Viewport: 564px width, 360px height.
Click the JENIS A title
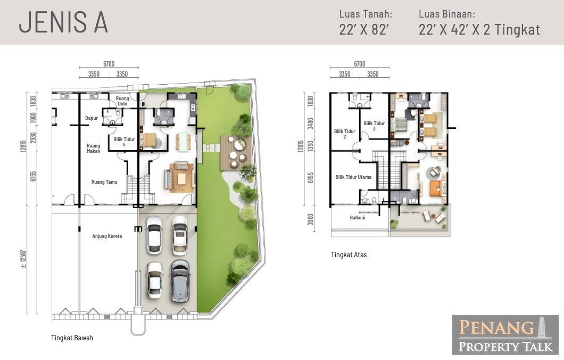pos(63,22)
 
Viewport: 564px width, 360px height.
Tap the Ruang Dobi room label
pos(122,101)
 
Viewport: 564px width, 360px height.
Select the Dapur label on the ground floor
pos(92,118)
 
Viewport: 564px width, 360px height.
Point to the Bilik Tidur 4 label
pos(124,142)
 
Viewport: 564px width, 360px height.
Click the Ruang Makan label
pos(94,149)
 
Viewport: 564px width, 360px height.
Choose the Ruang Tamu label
pos(104,182)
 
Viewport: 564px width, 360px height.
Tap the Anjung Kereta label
pos(107,236)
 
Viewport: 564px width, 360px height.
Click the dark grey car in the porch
pos(180,281)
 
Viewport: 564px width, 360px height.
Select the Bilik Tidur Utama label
pos(353,177)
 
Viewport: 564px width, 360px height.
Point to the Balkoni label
pos(358,218)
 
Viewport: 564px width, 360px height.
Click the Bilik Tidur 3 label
pos(374,126)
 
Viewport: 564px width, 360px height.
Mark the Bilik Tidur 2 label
pos(345,134)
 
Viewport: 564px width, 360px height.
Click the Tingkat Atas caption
pos(349,255)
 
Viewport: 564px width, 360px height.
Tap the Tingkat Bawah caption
pos(72,338)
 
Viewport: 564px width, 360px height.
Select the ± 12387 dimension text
pos(23,259)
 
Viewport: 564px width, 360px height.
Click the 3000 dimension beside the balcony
pos(310,219)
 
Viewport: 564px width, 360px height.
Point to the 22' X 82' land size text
pos(363,29)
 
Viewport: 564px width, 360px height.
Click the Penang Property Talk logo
pos(505,335)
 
